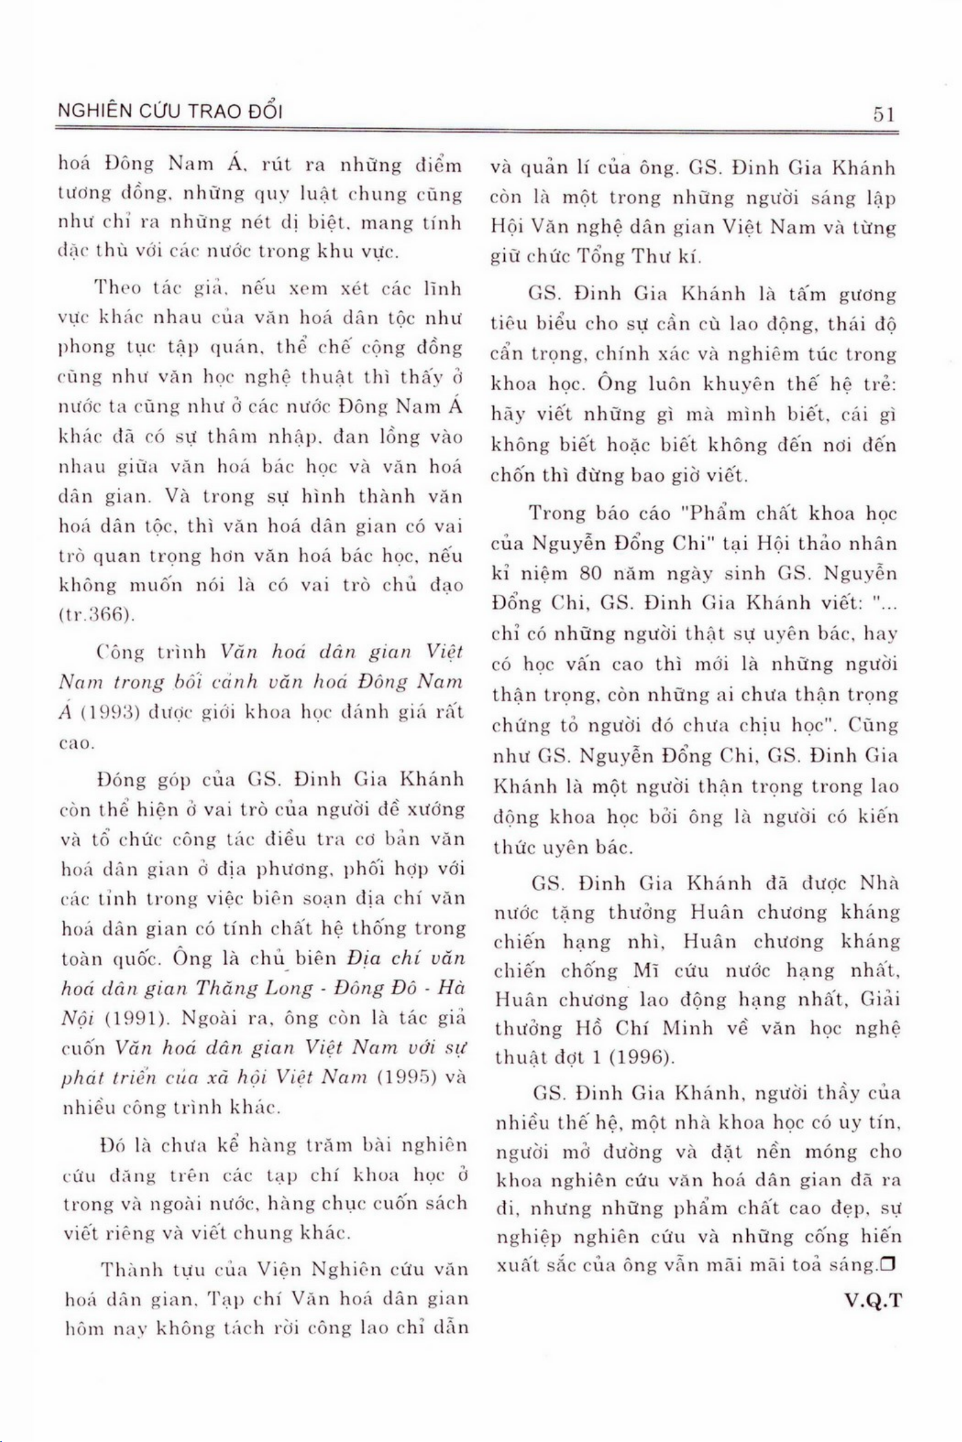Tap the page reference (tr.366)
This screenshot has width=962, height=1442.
coord(96,614)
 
